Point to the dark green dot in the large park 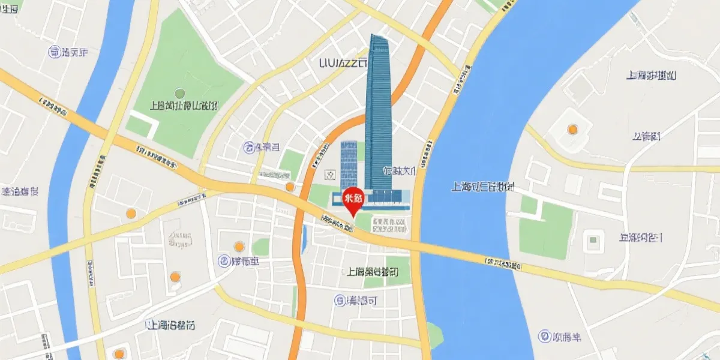pos(179,93)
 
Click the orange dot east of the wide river pos(572,129)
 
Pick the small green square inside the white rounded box pos(593,240)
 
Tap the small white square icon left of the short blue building pos(329,174)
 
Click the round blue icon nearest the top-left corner pos(54,52)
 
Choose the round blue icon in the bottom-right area pos(544,337)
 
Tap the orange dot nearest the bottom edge pos(119,353)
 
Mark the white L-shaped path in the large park pos(147,123)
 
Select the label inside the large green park pos(184,106)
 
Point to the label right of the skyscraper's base pos(400,171)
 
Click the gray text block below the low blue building pos(389,226)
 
